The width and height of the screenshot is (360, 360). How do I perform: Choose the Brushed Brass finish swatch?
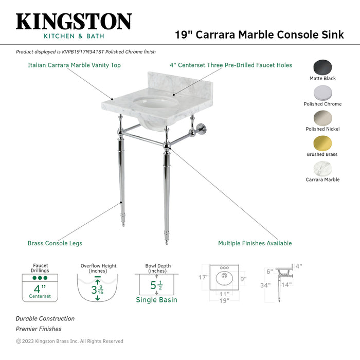(322, 143)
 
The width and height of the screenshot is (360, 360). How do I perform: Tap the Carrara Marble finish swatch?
(322, 169)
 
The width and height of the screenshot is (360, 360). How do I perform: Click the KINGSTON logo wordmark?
(74, 22)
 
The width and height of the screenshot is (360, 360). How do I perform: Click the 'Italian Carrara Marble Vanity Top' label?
(74, 65)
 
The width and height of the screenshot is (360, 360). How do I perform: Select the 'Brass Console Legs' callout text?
(55, 243)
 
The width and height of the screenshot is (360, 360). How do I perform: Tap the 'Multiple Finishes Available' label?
(255, 243)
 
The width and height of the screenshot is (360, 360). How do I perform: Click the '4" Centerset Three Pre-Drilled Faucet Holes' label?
(231, 65)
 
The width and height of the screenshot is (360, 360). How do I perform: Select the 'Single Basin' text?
(157, 300)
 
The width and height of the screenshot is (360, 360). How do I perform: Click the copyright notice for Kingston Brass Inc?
(70, 341)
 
